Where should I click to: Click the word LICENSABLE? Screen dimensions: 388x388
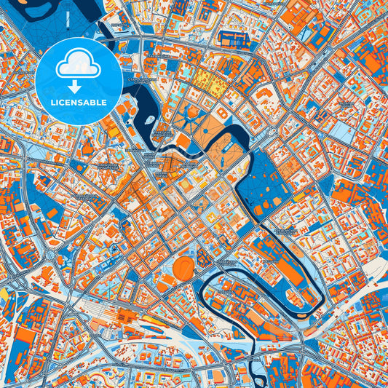(78, 101)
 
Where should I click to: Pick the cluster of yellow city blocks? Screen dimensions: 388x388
(208, 84)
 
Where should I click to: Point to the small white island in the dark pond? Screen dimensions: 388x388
(149, 119)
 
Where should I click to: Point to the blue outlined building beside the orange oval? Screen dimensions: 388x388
(205, 258)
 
